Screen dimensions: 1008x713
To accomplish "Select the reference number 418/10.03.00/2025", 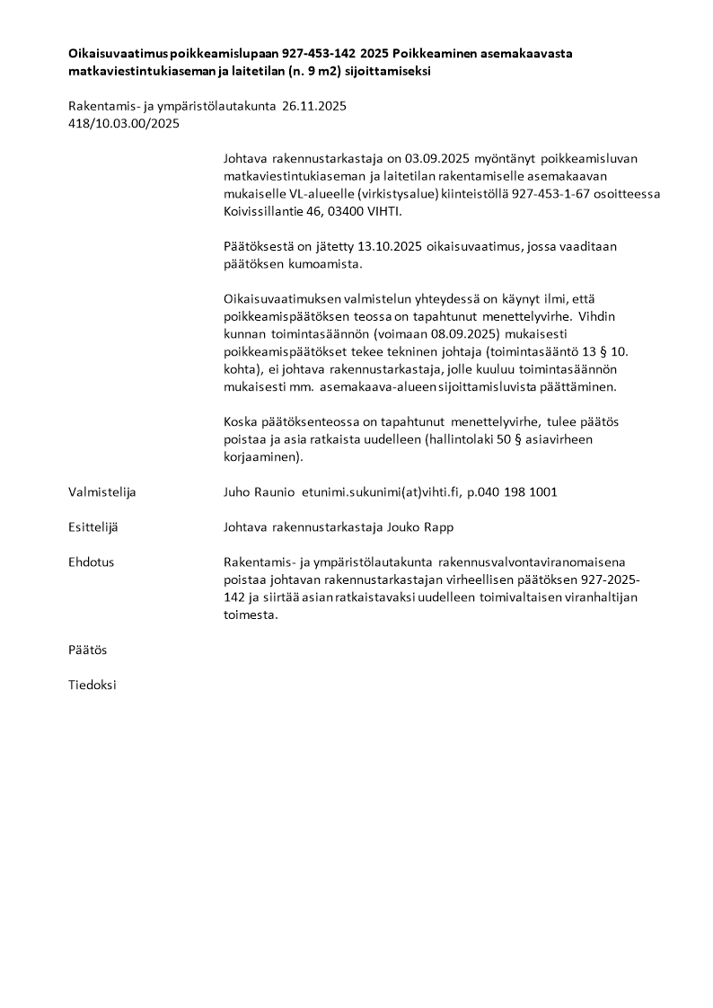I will coord(124,124).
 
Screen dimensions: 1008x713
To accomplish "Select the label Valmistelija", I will coord(102,492).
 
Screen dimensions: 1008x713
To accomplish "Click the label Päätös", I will coord(87,650).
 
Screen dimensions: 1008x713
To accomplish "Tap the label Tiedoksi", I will coord(92,685).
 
